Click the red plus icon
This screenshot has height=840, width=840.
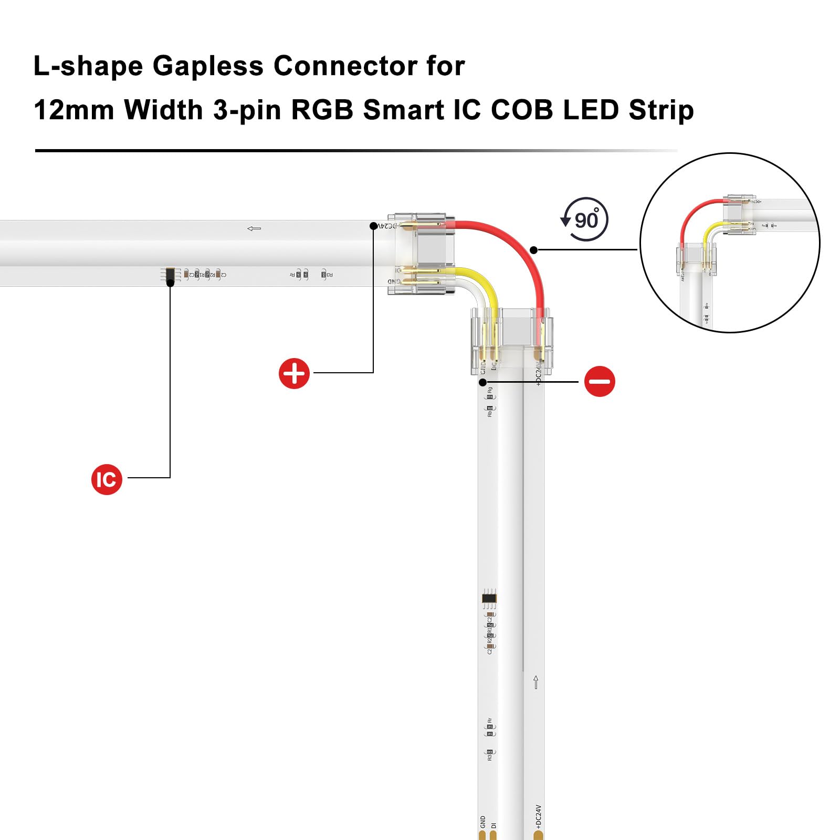294,374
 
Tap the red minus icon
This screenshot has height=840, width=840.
600,381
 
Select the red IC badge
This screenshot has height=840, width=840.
107,479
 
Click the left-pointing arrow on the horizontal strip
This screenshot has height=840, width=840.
254,228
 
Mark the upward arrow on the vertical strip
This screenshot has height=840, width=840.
535,682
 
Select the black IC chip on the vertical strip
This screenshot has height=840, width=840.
489,598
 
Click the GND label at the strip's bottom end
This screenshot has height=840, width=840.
482,822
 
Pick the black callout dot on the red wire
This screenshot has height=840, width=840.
534,250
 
